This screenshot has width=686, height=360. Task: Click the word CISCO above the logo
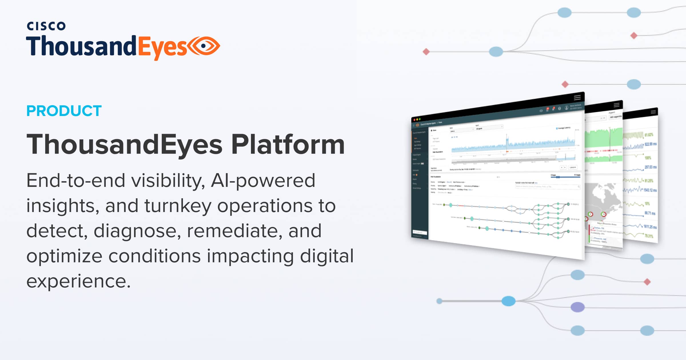click(x=46, y=26)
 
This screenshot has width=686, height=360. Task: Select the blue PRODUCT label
click(x=64, y=111)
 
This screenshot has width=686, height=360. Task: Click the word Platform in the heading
click(x=288, y=145)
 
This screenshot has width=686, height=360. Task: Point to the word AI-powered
click(x=263, y=181)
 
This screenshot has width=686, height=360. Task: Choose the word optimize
click(x=64, y=256)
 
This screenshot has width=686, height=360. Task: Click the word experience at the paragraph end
click(x=78, y=281)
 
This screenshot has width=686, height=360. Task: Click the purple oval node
click(x=577, y=307)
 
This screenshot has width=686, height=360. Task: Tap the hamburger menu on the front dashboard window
click(x=577, y=97)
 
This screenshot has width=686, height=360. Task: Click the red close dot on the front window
click(x=414, y=120)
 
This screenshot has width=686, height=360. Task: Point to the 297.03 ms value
click(x=651, y=167)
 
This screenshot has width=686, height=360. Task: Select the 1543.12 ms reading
click(x=650, y=190)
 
